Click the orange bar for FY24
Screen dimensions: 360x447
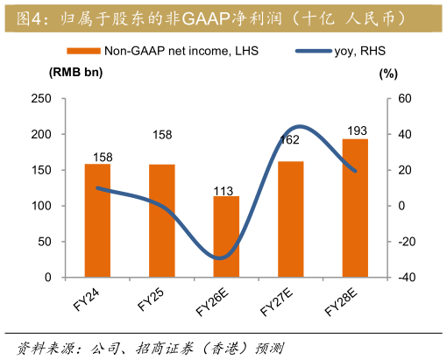point(97,221)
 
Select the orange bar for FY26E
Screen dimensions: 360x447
point(226,236)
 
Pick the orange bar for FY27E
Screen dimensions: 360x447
point(291,219)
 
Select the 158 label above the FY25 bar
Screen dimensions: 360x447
point(162,135)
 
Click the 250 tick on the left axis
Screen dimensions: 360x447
point(40,99)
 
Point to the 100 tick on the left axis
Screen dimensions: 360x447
point(40,206)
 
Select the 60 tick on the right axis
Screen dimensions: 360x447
point(405,99)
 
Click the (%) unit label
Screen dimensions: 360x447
point(388,74)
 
